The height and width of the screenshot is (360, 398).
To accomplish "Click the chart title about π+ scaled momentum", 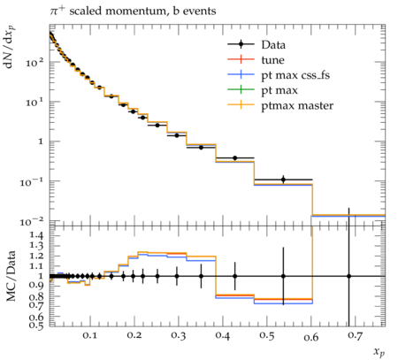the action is (x=133, y=11).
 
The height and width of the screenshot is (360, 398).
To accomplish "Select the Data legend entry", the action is (x=256, y=44).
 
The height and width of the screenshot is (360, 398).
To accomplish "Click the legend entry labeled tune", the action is (x=256, y=60).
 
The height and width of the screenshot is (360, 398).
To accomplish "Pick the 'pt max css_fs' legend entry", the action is (x=279, y=75).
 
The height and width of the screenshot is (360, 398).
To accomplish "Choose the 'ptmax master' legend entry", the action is (x=280, y=105).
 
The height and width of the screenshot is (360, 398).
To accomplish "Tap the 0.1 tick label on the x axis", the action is (x=89, y=335).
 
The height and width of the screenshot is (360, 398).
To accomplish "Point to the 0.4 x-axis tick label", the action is (x=222, y=335).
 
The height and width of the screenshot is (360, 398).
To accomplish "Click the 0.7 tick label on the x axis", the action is (x=355, y=335).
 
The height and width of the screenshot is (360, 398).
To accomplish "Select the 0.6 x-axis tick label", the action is (x=311, y=337).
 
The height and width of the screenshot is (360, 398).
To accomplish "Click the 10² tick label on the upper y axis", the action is (x=34, y=62).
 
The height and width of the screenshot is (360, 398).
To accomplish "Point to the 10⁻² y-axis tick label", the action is (x=32, y=221).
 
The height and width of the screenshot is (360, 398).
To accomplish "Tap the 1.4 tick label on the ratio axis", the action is (x=36, y=235).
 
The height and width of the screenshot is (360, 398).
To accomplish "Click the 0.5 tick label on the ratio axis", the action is (x=36, y=325).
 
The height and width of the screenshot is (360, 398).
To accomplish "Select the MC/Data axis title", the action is (x=11, y=276).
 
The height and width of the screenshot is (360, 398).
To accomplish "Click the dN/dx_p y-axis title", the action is (x=11, y=47).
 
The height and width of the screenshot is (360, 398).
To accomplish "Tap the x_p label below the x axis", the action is (x=379, y=352).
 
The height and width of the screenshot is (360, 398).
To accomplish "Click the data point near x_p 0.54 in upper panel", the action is (x=283, y=180).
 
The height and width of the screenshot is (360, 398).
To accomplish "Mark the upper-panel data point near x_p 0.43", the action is (x=235, y=158).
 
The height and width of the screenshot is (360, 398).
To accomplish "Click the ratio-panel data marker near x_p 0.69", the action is (x=349, y=276).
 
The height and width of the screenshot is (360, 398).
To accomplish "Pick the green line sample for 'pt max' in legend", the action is (x=241, y=89).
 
